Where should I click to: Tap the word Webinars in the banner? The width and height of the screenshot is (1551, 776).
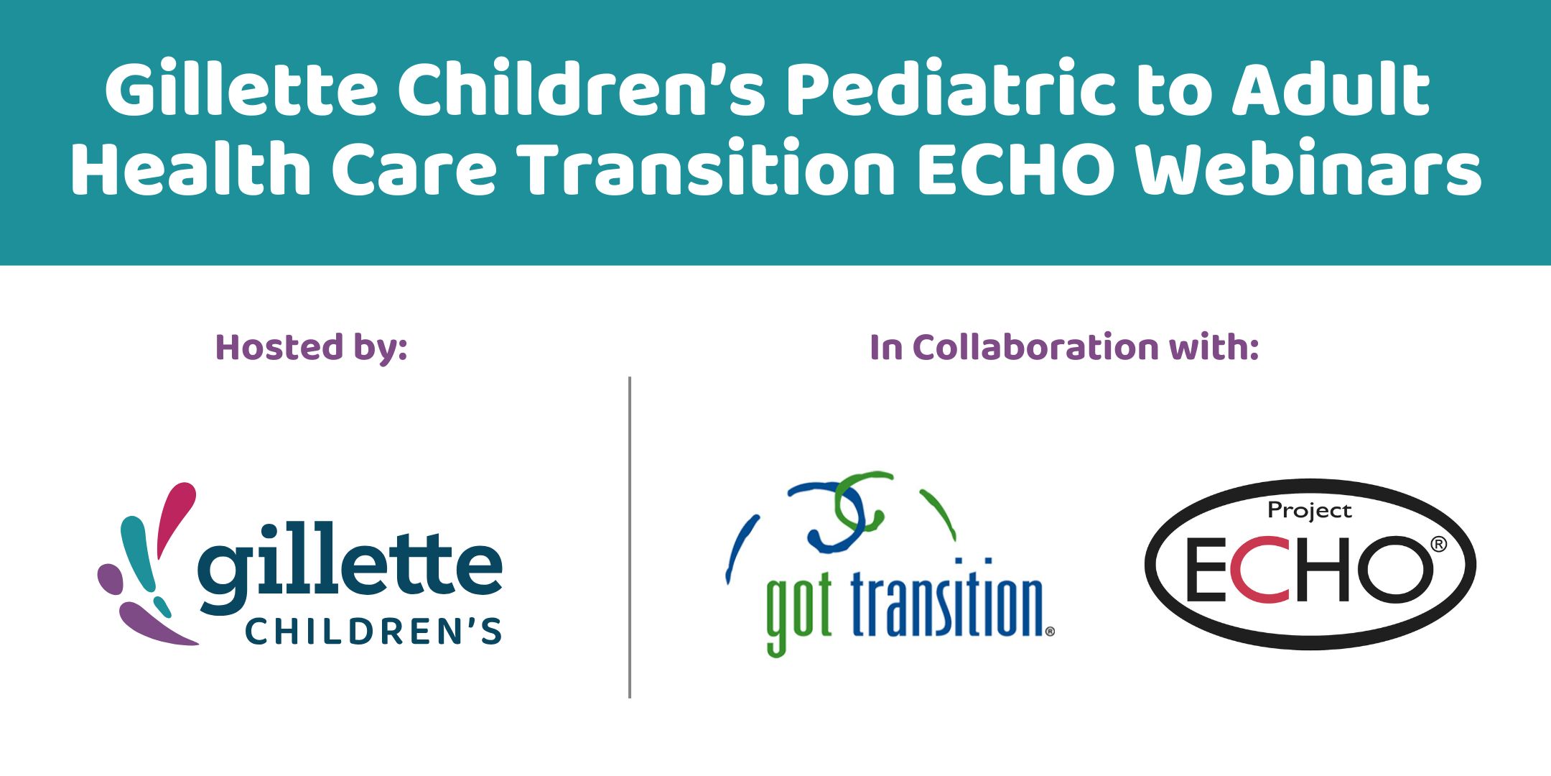pyautogui.click(x=1308, y=168)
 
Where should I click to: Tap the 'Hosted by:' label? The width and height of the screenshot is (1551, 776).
pyautogui.click(x=312, y=348)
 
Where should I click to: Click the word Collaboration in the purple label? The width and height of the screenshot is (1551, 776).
pyautogui.click(x=1036, y=347)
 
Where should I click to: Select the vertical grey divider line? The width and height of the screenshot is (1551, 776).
pyautogui.click(x=630, y=537)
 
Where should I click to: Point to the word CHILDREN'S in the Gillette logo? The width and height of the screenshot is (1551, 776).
pyautogui.click(x=373, y=631)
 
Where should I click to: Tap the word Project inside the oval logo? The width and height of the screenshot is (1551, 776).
pyautogui.click(x=1310, y=511)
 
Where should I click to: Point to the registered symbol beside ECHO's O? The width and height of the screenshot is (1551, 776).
pyautogui.click(x=1438, y=545)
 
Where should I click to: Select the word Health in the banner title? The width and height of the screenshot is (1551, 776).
pyautogui.click(x=191, y=168)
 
